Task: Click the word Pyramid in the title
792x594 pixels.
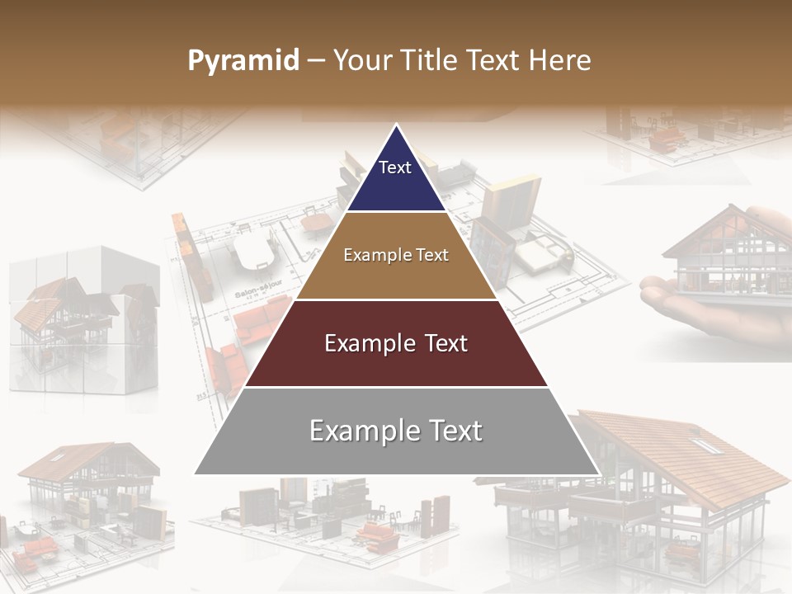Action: [243, 61]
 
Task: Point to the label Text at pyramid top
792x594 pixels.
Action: [395, 167]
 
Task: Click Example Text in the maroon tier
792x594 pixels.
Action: [396, 343]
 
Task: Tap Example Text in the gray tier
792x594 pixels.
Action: [396, 431]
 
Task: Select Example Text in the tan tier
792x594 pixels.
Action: [396, 255]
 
